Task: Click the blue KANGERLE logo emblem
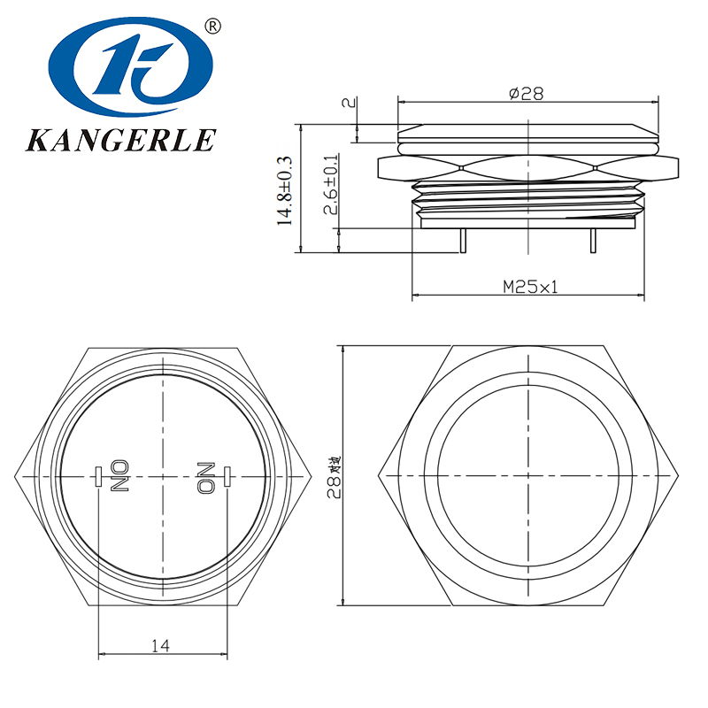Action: [x=132, y=68]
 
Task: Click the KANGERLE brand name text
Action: [x=123, y=140]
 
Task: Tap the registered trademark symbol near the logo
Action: [x=212, y=26]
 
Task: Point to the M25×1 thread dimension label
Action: [x=530, y=286]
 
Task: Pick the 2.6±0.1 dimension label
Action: [x=329, y=189]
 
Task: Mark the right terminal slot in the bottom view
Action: [x=227, y=476]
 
